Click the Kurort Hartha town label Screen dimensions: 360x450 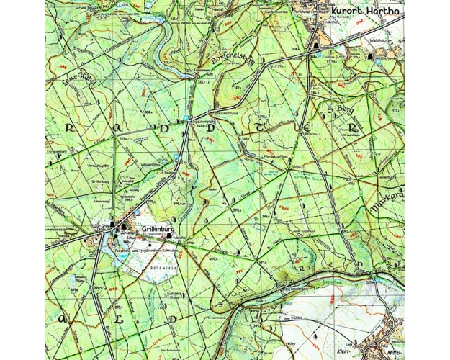click(x=366, y=12)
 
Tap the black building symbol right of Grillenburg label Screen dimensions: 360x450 click(x=170, y=235)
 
